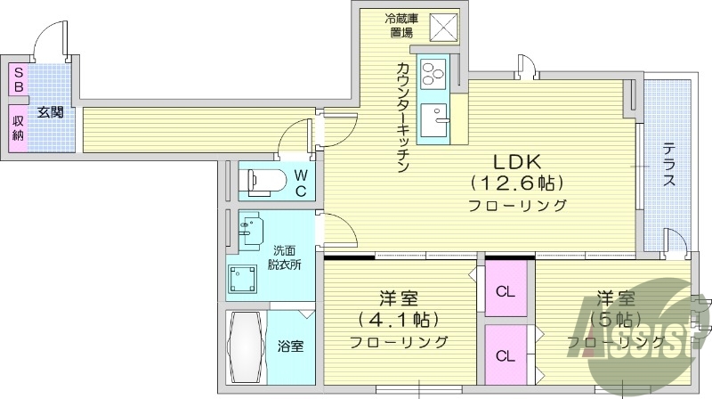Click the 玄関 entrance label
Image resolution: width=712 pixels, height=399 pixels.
pos(51,112)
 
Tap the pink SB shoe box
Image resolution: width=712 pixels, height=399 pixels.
pos(17,79)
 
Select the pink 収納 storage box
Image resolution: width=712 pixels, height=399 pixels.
pos(17,127)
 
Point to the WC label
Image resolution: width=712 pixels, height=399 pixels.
pos(301,182)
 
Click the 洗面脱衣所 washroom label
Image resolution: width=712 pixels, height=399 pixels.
pos(286,257)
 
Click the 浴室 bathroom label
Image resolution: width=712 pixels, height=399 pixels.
pos(289,345)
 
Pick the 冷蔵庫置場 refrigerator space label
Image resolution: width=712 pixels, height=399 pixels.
pos(399,26)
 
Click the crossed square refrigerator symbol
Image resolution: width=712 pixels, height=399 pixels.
pos(442,29)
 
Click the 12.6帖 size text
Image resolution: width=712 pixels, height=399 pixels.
pos(517,184)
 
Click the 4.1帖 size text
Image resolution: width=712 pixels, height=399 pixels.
pos(399,319)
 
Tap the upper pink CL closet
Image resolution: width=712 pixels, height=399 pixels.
pos(505,291)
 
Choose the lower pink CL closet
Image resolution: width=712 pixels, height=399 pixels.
pos(505,356)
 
